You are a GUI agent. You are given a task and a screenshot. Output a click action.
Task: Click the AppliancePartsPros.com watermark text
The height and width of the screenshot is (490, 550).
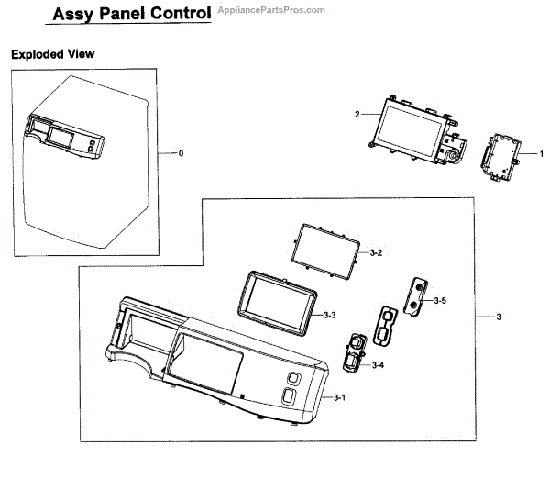pyautogui.click(x=269, y=10)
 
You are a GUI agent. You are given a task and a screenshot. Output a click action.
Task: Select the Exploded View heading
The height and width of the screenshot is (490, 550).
pyautogui.click(x=52, y=54)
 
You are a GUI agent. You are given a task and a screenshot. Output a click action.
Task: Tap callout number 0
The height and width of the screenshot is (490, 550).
pyautogui.click(x=181, y=152)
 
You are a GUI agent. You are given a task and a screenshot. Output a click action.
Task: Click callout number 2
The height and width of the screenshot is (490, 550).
pyautogui.click(x=357, y=115)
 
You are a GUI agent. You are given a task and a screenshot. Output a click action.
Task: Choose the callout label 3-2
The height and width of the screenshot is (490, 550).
pyautogui.click(x=376, y=251)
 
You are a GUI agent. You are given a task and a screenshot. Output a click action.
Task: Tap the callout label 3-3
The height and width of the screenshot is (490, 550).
pyautogui.click(x=330, y=315)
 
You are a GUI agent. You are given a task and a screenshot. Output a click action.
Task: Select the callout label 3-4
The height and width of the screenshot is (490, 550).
pyautogui.click(x=378, y=365)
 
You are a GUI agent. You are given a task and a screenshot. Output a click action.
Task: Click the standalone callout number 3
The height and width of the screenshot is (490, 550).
pyautogui.click(x=498, y=317)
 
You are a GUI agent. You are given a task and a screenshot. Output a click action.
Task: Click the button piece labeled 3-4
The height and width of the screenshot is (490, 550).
pyautogui.click(x=354, y=352)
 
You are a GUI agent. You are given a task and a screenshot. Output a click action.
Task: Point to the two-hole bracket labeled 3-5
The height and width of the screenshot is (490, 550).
pyautogui.click(x=417, y=295)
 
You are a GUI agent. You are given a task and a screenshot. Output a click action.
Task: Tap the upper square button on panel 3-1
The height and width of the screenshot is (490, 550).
pyautogui.click(x=292, y=378)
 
